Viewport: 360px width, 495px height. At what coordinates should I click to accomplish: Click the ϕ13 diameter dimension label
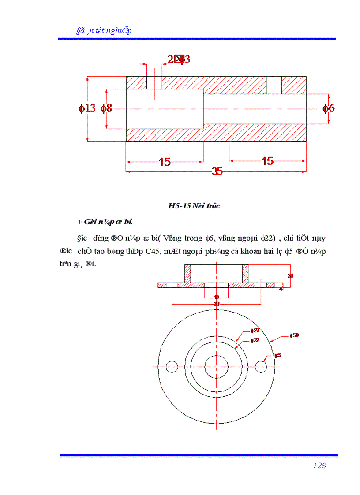[87, 108]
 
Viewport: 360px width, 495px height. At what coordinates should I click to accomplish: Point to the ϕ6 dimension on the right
[328, 108]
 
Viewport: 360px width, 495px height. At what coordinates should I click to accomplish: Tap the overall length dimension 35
[217, 171]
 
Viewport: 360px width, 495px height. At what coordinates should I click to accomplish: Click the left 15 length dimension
[165, 162]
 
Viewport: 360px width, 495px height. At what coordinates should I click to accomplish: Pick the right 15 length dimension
[267, 161]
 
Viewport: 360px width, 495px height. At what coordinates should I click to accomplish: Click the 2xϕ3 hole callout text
[179, 59]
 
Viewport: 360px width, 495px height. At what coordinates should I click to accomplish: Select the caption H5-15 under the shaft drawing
[194, 206]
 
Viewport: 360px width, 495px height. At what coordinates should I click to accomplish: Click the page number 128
[319, 465]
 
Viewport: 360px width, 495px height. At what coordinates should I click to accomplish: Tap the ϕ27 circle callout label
[255, 331]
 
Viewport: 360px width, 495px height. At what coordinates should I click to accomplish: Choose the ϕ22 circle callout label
[255, 340]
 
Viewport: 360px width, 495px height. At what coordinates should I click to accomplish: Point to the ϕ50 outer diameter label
[294, 335]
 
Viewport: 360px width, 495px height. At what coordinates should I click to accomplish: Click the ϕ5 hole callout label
[277, 355]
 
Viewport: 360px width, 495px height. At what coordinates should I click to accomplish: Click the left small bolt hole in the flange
[172, 366]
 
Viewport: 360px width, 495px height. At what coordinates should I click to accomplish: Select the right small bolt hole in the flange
[261, 366]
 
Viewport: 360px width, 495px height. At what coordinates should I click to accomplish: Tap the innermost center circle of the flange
[216, 366]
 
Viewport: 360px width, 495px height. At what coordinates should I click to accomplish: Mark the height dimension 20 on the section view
[290, 275]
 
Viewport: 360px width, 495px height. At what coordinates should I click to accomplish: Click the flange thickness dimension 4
[281, 289]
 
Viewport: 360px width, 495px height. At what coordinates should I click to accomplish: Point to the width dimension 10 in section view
[216, 298]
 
